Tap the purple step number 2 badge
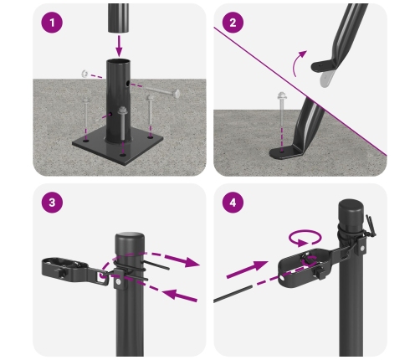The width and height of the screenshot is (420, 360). (235, 23)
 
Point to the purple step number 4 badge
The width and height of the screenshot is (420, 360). (235, 204)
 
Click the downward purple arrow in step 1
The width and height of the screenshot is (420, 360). (119, 42)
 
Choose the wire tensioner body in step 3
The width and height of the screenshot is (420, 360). (68, 268)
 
